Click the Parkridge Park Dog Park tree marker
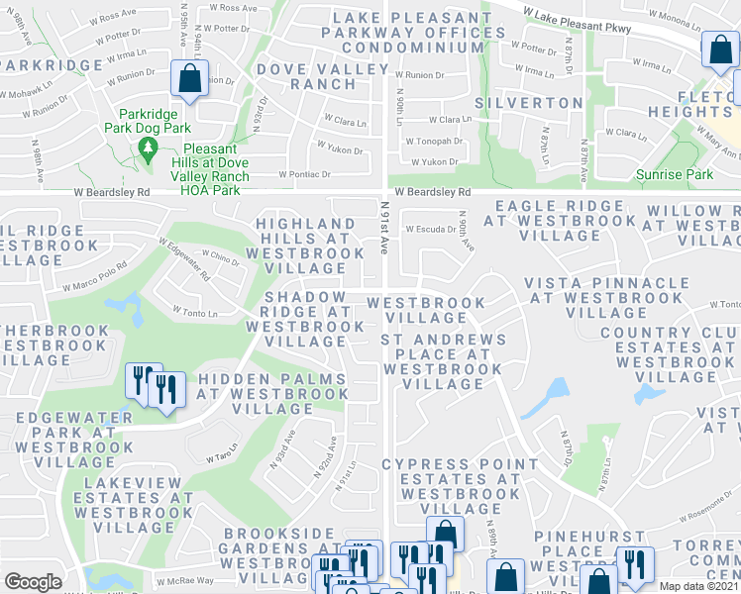149,149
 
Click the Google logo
33,582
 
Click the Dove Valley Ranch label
306,76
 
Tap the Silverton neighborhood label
529,103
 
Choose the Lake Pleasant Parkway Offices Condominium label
406,33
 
